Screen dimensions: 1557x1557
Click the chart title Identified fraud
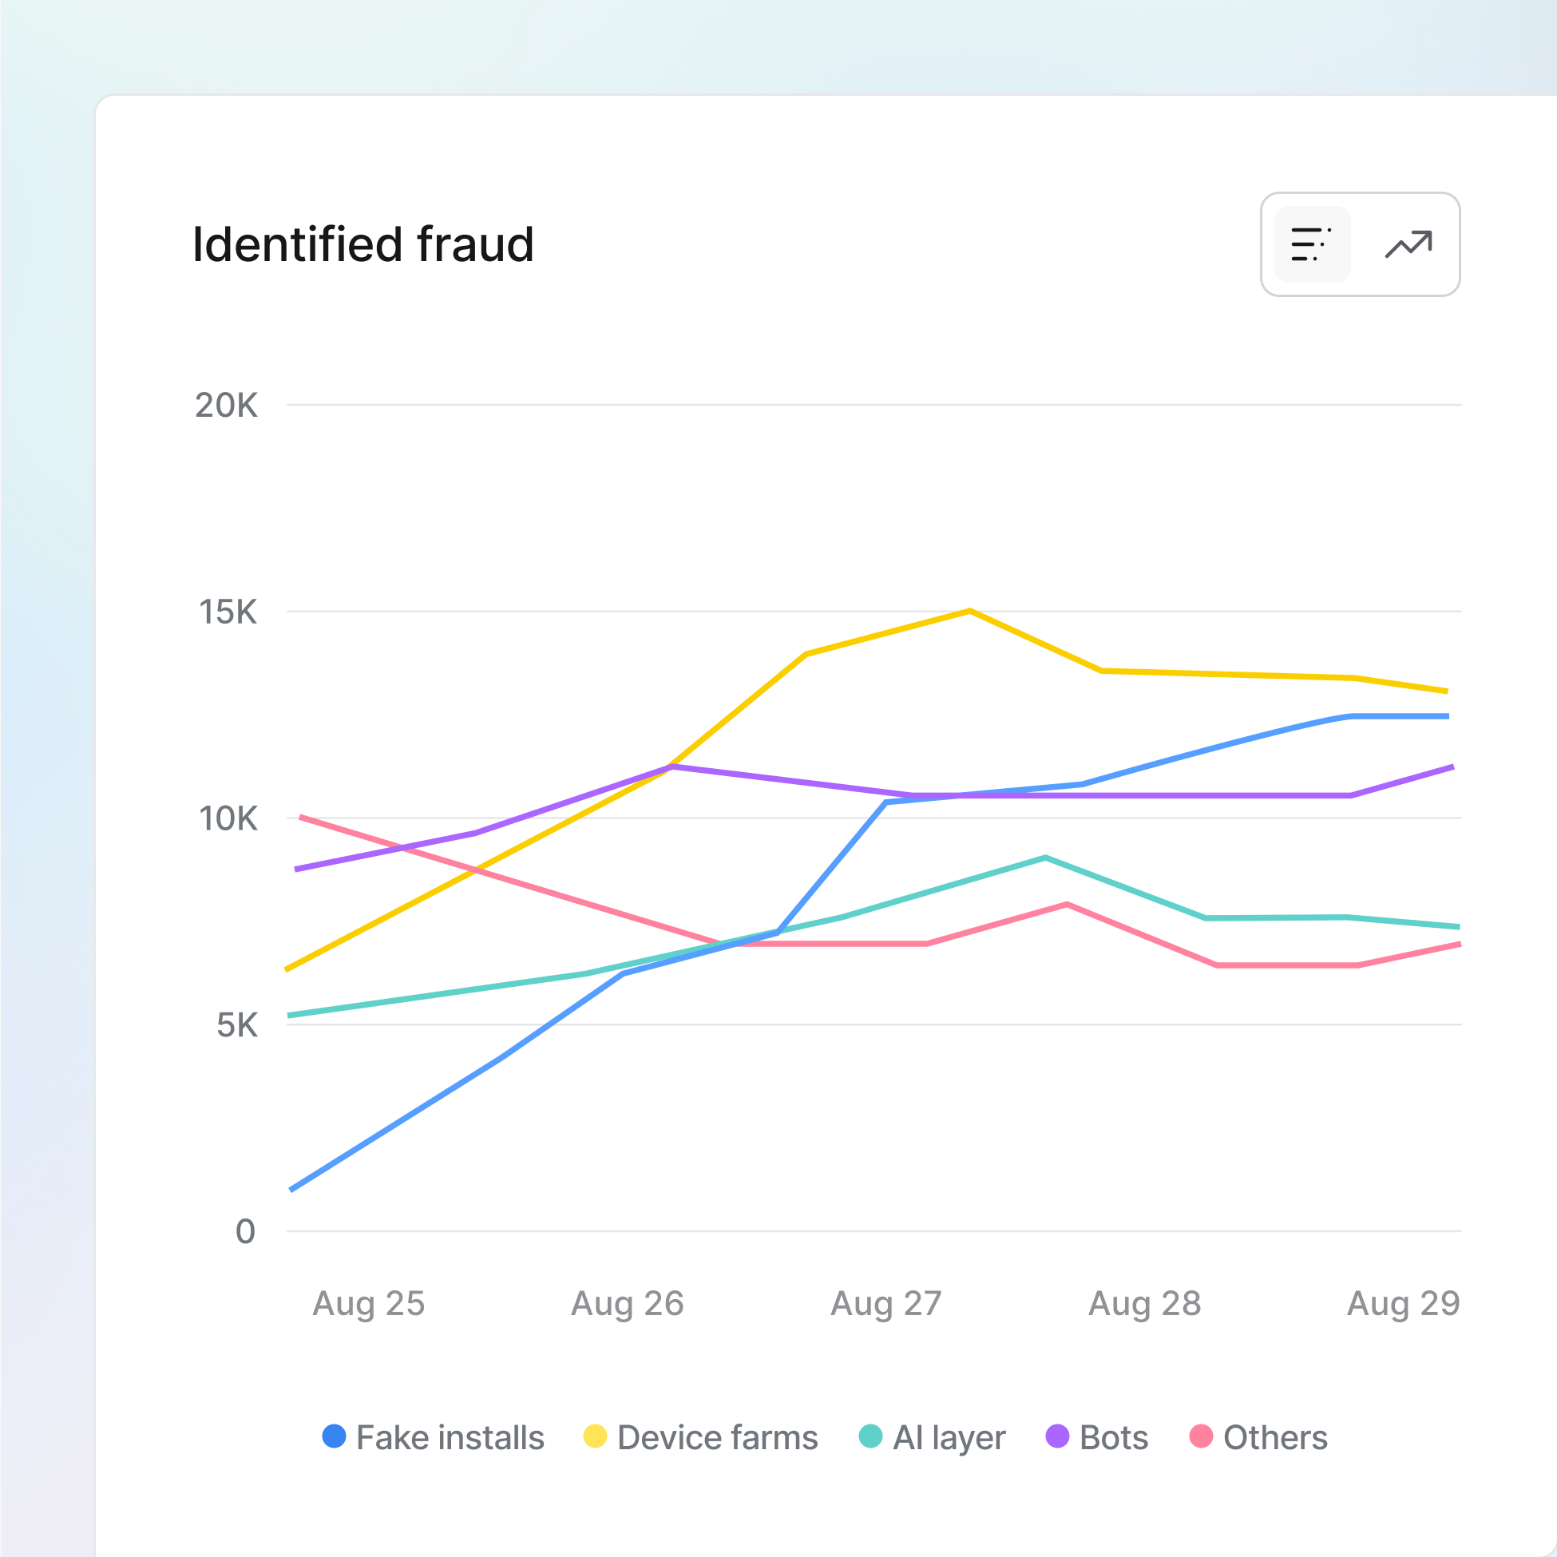click(363, 244)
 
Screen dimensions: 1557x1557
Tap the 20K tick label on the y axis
click(226, 406)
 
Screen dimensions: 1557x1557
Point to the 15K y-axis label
click(228, 612)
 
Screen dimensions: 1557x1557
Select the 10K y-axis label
click(228, 818)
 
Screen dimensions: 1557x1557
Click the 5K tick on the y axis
click(236, 1025)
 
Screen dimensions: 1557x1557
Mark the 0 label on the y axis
click(245, 1231)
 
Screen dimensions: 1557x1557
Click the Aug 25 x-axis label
click(368, 1303)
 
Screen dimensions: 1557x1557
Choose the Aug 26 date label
click(627, 1303)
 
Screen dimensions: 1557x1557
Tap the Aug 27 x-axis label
click(885, 1303)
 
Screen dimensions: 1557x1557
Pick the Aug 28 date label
click(1144, 1303)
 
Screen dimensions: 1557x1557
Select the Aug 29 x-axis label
click(1403, 1303)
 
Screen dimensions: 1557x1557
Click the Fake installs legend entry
click(433, 1438)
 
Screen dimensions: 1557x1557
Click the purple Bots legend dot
click(1056, 1436)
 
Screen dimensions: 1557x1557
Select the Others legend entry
click(1258, 1438)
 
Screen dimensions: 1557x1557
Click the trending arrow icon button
click(1408, 244)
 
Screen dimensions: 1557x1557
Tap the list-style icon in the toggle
click(1311, 244)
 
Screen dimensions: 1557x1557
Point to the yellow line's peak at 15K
click(969, 611)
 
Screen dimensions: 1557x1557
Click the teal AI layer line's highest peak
click(1045, 858)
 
